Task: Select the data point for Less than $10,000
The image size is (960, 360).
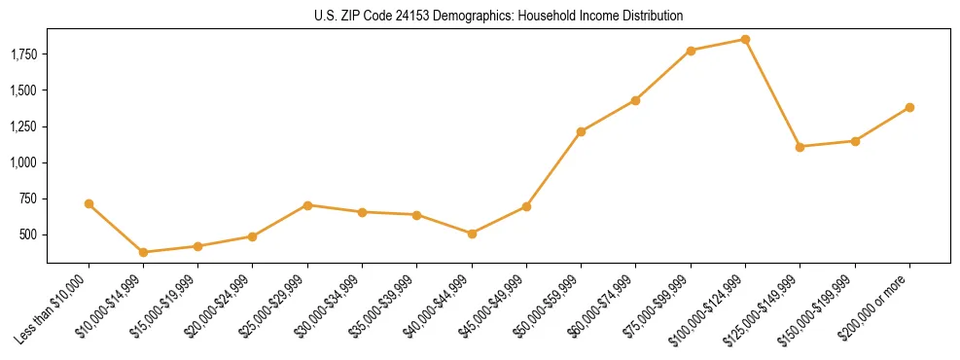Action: (89, 203)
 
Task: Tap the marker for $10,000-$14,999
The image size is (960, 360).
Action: (143, 252)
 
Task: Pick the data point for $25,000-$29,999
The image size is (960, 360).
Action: (307, 205)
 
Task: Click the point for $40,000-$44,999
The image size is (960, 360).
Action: (472, 234)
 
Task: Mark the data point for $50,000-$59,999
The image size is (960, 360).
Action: (581, 131)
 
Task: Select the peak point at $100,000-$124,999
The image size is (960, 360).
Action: (745, 39)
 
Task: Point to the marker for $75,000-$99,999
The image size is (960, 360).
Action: (691, 51)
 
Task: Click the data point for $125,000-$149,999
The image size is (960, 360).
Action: (800, 147)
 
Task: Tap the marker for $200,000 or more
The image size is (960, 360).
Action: (909, 107)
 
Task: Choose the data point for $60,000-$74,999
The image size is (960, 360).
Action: (635, 100)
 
